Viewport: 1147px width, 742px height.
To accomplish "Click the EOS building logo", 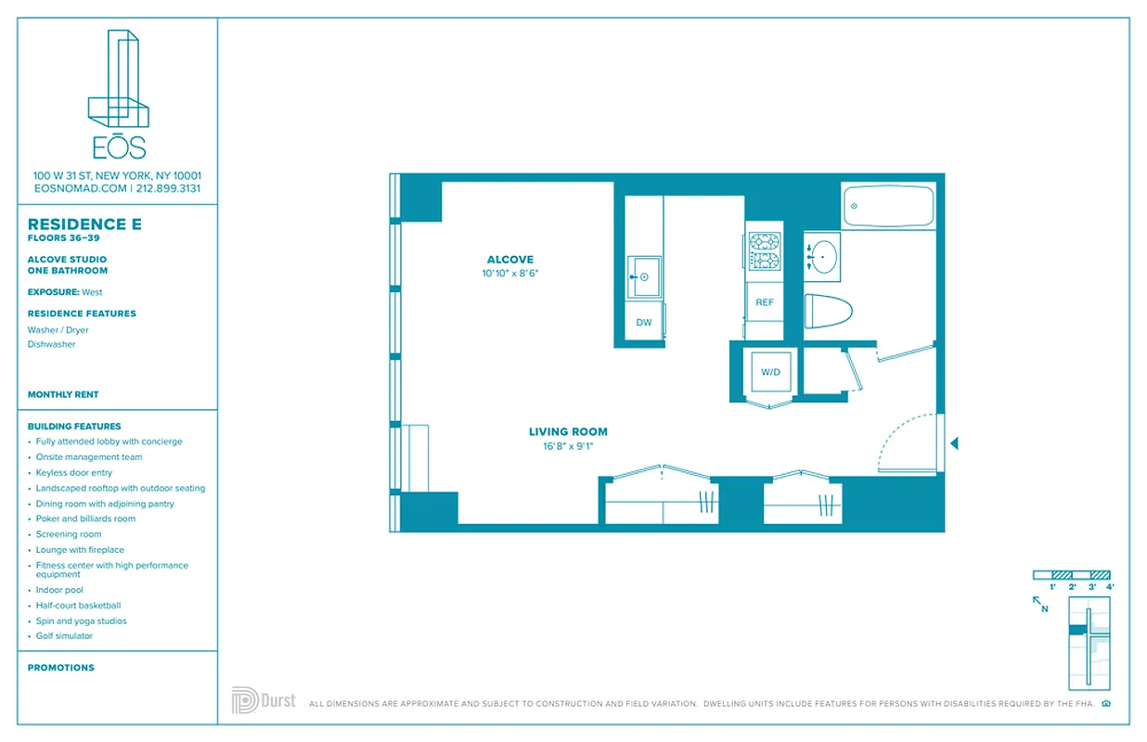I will tap(118, 93).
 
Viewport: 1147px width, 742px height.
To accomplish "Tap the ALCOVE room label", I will tap(509, 260).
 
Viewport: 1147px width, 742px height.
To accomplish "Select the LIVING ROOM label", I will tap(568, 431).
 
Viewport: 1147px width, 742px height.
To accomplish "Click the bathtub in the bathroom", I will tap(887, 206).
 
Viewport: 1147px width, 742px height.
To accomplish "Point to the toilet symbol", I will tap(827, 311).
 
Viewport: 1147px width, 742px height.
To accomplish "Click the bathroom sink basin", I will tap(822, 255).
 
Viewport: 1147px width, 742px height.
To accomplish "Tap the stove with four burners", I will tap(765, 251).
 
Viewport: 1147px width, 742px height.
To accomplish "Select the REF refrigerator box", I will tap(765, 303).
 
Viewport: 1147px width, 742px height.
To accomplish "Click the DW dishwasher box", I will tap(644, 323).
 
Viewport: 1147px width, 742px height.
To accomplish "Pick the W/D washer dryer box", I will tap(771, 373).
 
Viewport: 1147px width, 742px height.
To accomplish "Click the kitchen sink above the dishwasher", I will tap(644, 277).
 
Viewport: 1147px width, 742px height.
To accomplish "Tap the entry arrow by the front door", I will tap(954, 444).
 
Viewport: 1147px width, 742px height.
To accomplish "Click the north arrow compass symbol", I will tap(1040, 604).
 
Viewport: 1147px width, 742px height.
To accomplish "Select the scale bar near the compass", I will tap(1072, 575).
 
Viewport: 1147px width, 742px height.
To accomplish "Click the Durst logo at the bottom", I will tap(264, 699).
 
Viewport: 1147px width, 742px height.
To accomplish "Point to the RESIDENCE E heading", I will tap(77, 224).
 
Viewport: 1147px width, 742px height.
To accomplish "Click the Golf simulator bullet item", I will tap(64, 636).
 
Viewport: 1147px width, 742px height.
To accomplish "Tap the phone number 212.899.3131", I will tap(169, 188).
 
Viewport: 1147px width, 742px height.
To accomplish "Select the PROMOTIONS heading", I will tap(61, 668).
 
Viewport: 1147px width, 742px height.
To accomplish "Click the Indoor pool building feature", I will tap(59, 590).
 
